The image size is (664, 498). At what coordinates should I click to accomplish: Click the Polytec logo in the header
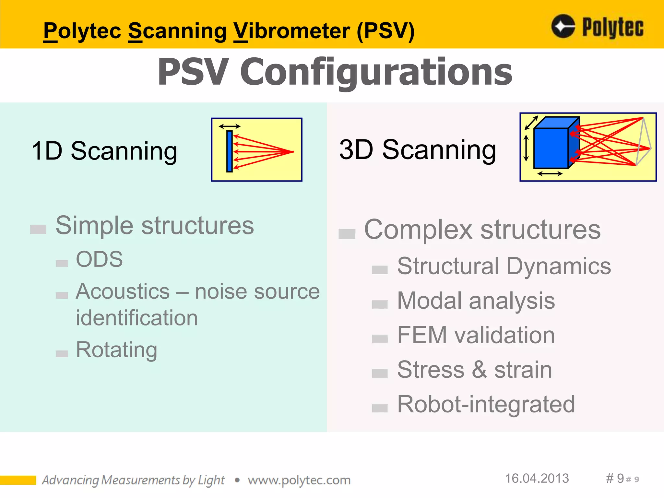pos(597,27)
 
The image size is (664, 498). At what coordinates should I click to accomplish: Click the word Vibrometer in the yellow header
pos(292,31)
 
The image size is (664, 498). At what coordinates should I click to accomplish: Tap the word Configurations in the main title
pos(376,72)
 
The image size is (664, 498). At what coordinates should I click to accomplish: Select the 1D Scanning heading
pos(104,151)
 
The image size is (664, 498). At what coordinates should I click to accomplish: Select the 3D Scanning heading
pos(418,150)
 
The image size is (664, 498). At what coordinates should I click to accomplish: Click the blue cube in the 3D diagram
pos(551,148)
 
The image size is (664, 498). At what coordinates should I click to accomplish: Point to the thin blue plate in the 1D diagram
pos(230,151)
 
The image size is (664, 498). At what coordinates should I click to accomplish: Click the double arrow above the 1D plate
pos(230,126)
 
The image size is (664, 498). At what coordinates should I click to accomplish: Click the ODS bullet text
pos(99,259)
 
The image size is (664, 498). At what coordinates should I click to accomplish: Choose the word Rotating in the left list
pos(117,350)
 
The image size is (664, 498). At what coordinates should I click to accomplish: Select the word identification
pos(136,318)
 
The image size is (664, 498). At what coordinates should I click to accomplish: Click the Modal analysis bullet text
pos(476,301)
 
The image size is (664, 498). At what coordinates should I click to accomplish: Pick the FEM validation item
pos(476,335)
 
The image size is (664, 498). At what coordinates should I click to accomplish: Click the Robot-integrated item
pos(486,405)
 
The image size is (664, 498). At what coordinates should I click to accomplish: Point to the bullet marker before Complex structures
pos(347,233)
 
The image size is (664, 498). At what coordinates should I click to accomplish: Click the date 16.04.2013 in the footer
pos(537,479)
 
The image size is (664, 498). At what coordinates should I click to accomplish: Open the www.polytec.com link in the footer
pos(299,480)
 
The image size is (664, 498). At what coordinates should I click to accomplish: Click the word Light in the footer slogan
pos(211,480)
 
